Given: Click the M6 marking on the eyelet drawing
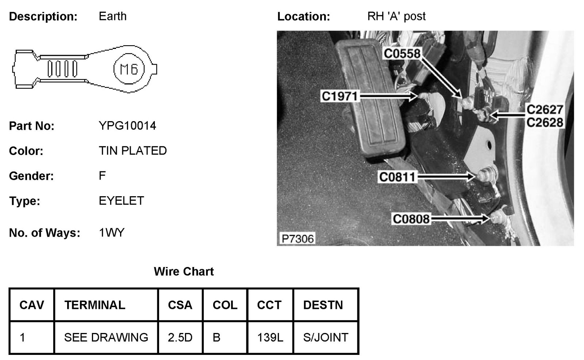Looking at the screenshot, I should point(129,69).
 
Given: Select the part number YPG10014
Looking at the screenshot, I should point(127,126).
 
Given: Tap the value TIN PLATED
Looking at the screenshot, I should point(132,151).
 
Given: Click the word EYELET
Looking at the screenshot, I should point(121,201).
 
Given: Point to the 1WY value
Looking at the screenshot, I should point(111,233).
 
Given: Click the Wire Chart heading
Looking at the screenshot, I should point(184,271).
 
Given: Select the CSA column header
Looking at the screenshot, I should point(180,305).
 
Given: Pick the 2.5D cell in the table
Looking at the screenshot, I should point(180,337).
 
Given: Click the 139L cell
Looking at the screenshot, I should point(270,337).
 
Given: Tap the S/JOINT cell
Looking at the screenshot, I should point(326,337).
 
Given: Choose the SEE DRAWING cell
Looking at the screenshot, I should point(106,337).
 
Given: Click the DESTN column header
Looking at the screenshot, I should point(323,305).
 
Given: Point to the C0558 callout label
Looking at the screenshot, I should point(402,54).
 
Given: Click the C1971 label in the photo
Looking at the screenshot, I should point(339,96).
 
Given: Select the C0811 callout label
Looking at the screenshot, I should point(397,177).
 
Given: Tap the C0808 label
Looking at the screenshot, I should point(411,219).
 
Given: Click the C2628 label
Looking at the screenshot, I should point(545,122).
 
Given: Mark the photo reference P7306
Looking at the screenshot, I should point(297,239).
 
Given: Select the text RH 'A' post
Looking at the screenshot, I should point(396,16).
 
